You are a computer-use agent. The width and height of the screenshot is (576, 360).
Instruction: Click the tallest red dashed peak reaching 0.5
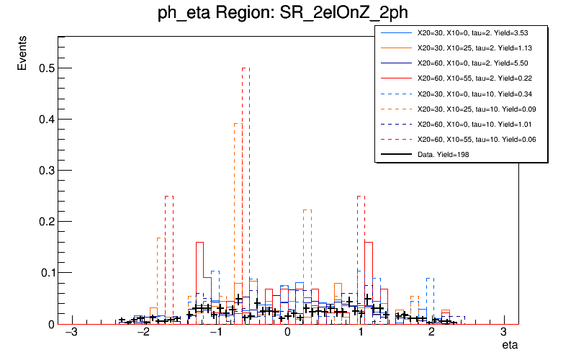(x=246, y=68)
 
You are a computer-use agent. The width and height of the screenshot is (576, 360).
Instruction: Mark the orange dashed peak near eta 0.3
(x=307, y=210)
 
